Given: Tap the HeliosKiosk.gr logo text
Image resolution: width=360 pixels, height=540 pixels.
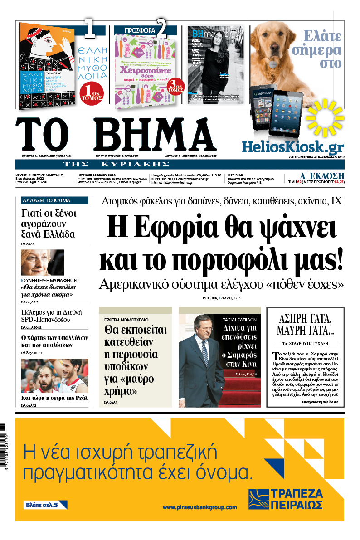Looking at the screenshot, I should tap(292, 146).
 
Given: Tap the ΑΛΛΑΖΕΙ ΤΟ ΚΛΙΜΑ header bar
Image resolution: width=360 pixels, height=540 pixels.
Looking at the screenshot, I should tap(54, 200).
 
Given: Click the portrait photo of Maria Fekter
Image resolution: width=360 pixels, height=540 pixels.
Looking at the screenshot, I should tap(42, 262).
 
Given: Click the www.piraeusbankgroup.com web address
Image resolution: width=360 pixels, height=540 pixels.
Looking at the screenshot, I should tap(199, 507).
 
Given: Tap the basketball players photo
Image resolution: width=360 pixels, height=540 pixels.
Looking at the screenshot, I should tap(54, 376).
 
